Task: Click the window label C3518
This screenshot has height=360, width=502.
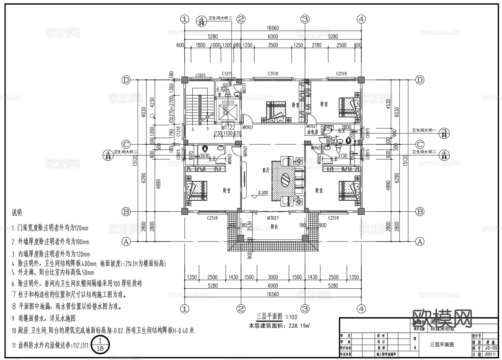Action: pyautogui.click(x=272, y=74)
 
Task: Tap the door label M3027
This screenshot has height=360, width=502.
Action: pyautogui.click(x=272, y=218)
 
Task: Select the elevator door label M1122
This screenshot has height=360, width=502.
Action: pyautogui.click(x=228, y=127)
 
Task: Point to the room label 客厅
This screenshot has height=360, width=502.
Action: pyautogui.click(x=266, y=170)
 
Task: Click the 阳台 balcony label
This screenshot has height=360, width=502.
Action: pyautogui.click(x=274, y=226)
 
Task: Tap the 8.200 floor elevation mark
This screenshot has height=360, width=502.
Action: pyautogui.click(x=263, y=193)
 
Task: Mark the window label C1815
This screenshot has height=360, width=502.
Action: pyautogui.click(x=200, y=76)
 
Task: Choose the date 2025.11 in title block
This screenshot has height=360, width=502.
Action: pyautogui.click(x=491, y=354)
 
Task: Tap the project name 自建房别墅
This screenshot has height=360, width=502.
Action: pyautogui.click(x=442, y=329)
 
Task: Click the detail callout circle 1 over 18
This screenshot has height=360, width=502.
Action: pyautogui.click(x=100, y=345)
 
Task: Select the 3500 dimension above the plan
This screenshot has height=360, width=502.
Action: pyautogui.click(x=273, y=45)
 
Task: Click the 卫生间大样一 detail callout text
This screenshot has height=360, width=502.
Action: pyautogui.click(x=424, y=130)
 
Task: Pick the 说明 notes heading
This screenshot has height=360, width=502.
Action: pyautogui.click(x=18, y=213)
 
